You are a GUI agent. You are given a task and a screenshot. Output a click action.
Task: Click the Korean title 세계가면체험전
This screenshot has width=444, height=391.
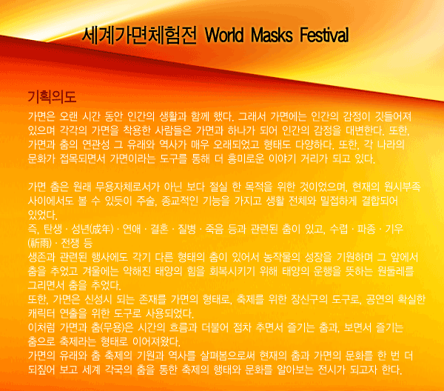pos(139,36)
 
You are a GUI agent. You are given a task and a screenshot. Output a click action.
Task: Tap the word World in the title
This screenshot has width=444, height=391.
pos(224,36)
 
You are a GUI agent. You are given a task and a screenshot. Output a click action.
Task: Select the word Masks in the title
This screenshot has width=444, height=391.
pos(272,36)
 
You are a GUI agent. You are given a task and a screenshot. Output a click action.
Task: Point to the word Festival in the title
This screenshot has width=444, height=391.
pos(324,36)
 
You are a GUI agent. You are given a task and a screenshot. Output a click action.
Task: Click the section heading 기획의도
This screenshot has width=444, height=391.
pos(52,97)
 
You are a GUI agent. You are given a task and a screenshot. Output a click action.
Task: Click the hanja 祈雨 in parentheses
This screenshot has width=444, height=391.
pos(40,243)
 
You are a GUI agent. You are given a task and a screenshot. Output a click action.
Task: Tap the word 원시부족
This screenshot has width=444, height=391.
pos(403,187)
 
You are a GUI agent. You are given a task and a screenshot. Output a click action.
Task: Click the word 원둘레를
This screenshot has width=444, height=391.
pos(396,271)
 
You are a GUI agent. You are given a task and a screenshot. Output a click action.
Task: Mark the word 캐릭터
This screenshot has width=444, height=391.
pos(41,313)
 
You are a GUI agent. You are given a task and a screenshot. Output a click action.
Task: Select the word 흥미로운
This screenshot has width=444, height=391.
pos(246,158)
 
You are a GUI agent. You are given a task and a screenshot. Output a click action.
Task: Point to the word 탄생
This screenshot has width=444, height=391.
pos(53,229)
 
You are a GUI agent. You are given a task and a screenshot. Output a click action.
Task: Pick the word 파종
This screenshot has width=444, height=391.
pos(366,229)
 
